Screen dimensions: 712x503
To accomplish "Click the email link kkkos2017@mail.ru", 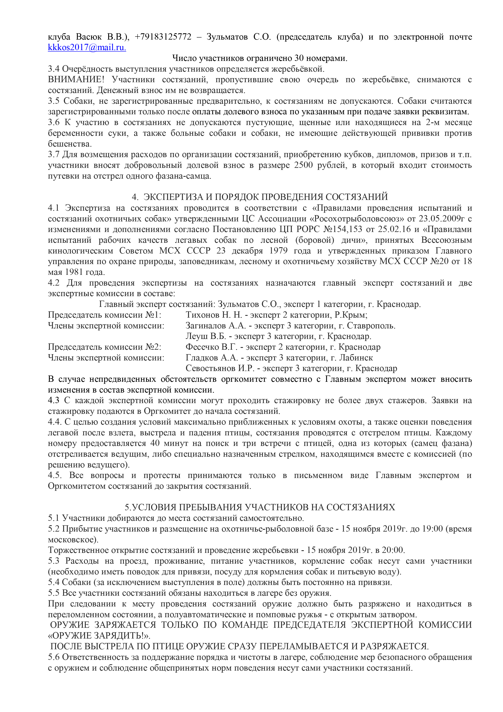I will click(x=87, y=47).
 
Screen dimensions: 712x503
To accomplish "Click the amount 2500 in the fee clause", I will click(x=303, y=165).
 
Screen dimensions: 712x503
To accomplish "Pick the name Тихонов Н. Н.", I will click(x=213, y=315).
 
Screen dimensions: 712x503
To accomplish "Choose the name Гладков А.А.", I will click(x=212, y=358).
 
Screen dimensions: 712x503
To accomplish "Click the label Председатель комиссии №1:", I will click(x=104, y=315).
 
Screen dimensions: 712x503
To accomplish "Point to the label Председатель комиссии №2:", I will click(x=104, y=347).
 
